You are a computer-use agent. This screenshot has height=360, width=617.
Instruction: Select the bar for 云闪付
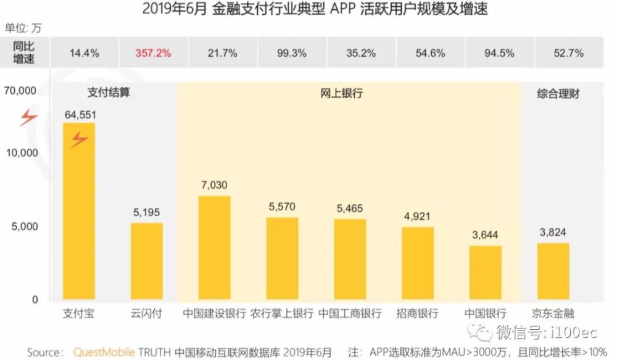147,262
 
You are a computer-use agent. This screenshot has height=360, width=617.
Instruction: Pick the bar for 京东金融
553,272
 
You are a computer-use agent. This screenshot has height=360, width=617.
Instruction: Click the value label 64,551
80,115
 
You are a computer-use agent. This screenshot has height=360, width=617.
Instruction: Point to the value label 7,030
214,186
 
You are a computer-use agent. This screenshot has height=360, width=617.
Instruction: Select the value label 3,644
486,235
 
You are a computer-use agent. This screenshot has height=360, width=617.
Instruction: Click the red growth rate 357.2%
153,53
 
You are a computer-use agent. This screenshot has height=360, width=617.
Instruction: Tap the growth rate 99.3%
292,53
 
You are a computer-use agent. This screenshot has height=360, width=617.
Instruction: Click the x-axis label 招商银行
418,313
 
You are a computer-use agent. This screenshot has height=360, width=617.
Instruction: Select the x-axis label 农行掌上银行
283,313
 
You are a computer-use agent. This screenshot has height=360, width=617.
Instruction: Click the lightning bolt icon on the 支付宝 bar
79,140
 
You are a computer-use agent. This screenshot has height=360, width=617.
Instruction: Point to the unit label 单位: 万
25,28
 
